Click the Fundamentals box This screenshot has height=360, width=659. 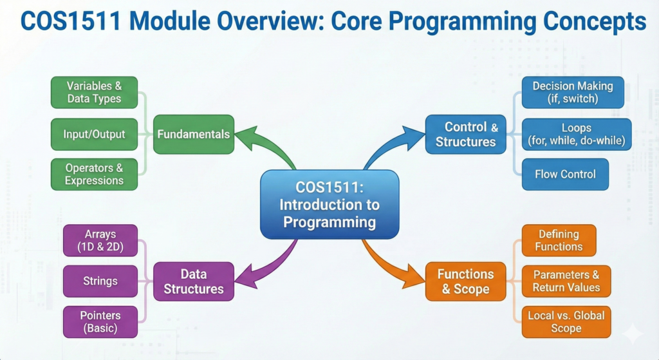[x=193, y=134]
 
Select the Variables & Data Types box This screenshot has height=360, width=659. [x=94, y=92]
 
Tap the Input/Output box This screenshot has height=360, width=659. [x=94, y=134]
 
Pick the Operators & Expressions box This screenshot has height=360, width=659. [x=94, y=174]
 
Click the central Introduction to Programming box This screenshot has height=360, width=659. [x=329, y=204]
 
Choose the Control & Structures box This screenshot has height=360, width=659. [x=466, y=134]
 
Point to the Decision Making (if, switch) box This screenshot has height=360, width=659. [x=573, y=92]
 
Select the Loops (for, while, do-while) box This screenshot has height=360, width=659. [x=577, y=134]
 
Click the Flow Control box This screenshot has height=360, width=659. [x=565, y=174]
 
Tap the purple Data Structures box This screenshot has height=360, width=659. [x=193, y=281]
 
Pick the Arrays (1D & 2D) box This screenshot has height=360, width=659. [x=100, y=240]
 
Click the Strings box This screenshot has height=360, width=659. [x=100, y=281]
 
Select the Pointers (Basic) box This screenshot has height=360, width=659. [x=100, y=322]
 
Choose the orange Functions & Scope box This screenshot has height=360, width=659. [x=466, y=281]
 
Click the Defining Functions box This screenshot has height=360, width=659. [x=559, y=240]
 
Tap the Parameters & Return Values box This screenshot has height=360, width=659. [x=566, y=281]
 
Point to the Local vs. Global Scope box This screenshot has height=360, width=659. [x=566, y=322]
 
